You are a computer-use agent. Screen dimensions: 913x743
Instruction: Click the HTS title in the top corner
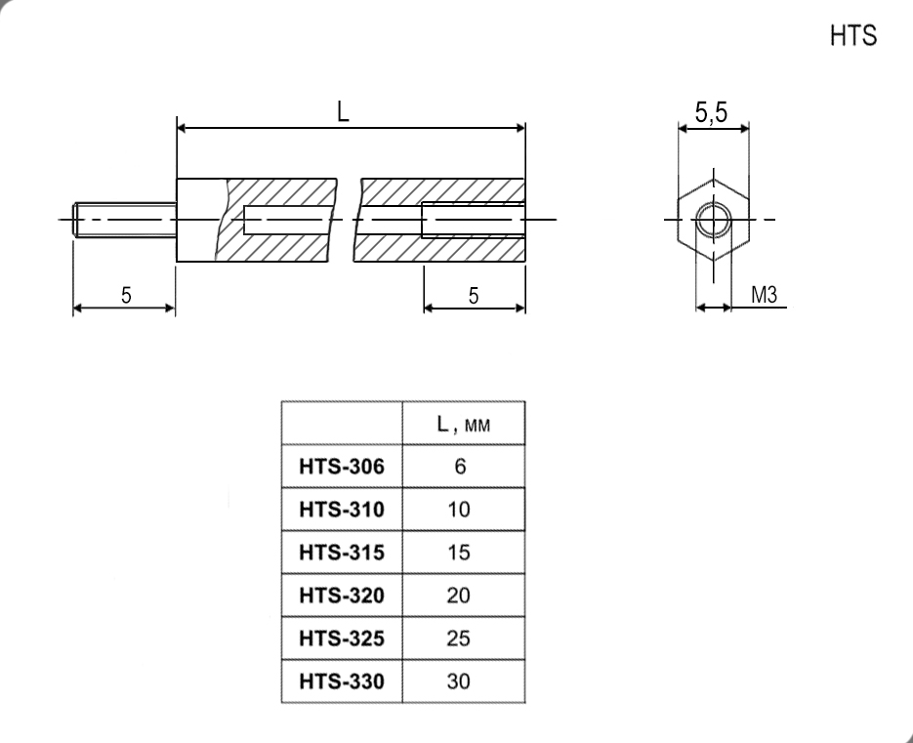point(853,35)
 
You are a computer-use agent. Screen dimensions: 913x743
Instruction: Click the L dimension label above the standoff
point(343,111)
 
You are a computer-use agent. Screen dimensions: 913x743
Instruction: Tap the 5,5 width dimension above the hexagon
point(711,112)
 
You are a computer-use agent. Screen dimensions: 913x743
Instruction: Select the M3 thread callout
point(764,295)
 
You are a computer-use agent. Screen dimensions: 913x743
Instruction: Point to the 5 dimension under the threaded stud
point(126,295)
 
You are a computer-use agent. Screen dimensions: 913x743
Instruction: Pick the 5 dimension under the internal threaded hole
point(474,296)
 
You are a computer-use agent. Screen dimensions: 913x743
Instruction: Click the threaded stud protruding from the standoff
point(125,220)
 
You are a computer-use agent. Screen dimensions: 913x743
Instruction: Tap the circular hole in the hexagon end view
point(713,220)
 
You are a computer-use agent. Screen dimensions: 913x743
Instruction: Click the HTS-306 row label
point(342,467)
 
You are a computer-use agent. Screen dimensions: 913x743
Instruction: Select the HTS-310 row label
point(342,510)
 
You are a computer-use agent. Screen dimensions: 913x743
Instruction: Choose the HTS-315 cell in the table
point(342,552)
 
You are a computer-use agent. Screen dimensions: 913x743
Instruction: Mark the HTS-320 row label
point(342,596)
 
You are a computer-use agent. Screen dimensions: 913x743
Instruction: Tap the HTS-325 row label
point(342,639)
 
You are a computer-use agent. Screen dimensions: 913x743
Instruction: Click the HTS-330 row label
point(342,681)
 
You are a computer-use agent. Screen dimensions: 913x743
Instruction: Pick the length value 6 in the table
point(460,467)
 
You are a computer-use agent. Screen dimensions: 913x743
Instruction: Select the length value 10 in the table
point(459,510)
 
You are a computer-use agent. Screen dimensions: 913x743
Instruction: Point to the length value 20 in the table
point(459,596)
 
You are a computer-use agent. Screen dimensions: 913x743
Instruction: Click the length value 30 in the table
point(459,681)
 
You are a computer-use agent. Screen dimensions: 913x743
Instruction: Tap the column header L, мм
point(464,425)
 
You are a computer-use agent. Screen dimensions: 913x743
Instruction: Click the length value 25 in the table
point(459,639)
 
